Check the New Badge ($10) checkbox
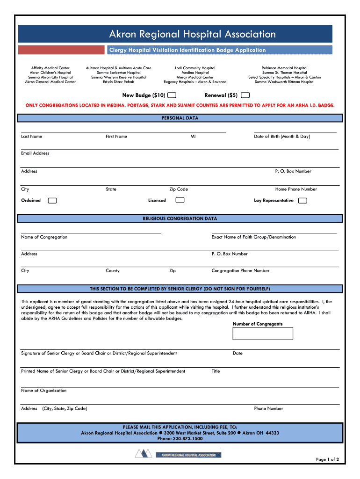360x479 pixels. point(172,95)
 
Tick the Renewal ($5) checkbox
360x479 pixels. point(245,95)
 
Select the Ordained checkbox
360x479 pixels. point(53,201)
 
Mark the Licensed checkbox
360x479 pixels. point(180,200)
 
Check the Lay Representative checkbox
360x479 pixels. point(302,201)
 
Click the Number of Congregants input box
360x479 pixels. point(263,334)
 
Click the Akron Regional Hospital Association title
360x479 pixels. point(192,34)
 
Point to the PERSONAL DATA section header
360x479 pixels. point(180,118)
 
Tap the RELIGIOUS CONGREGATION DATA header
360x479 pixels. point(180,218)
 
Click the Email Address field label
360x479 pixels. point(35,153)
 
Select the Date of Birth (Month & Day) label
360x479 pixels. point(281,137)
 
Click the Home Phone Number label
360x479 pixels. point(296,189)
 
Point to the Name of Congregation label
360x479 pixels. point(44,237)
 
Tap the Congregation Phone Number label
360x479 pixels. point(240,271)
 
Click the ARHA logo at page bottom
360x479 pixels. point(178,454)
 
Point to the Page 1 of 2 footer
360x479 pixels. point(330,459)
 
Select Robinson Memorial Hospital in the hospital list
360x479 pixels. point(284,68)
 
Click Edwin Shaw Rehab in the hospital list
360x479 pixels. point(118,82)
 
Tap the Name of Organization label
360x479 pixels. point(44,391)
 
